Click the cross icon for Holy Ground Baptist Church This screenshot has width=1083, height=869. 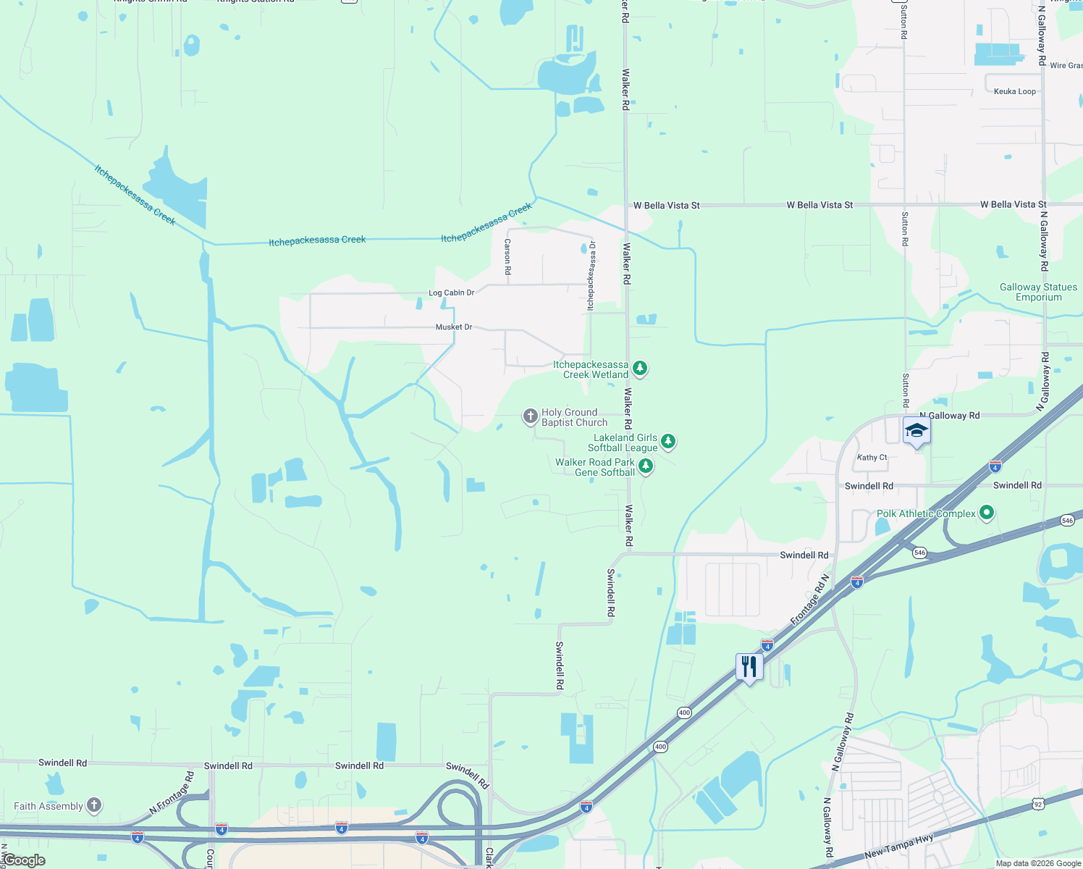tap(531, 416)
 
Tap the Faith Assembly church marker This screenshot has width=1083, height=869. tap(94, 805)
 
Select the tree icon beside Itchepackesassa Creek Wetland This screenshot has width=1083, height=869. tap(640, 369)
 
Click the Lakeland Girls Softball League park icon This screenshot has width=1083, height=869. tap(668, 441)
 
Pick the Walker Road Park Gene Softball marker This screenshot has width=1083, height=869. tap(646, 466)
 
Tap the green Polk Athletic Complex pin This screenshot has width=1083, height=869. tap(986, 513)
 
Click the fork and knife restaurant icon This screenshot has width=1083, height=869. tap(749, 666)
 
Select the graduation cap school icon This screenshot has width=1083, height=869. tap(916, 430)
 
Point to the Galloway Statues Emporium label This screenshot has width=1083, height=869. tap(1038, 292)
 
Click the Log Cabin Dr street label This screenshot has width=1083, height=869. tap(451, 293)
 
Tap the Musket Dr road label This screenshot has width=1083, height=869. tap(454, 327)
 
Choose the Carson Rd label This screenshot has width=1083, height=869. tap(507, 256)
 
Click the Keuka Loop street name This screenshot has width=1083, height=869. tap(1014, 91)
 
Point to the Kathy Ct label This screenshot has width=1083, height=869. tap(872, 458)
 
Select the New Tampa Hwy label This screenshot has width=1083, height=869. tap(898, 846)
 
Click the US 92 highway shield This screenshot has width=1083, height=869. tap(1039, 804)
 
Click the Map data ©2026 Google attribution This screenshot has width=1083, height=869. tap(1038, 863)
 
